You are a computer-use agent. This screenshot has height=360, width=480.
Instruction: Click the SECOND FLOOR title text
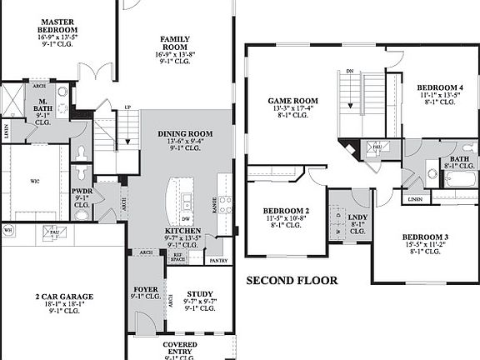[292, 281]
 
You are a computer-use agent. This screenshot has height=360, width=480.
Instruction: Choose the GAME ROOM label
[292, 100]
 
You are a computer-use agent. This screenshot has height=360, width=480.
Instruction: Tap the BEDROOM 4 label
[439, 87]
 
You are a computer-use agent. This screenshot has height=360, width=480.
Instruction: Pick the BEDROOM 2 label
[286, 210]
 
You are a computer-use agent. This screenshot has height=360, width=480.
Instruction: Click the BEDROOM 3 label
[424, 237]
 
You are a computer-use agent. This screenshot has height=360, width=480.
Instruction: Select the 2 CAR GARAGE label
[63, 296]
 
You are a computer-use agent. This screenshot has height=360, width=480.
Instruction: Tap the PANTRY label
[218, 261]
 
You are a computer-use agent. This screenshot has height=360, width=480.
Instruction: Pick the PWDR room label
[81, 191]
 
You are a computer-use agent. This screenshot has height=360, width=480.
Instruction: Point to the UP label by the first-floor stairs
[127, 107]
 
